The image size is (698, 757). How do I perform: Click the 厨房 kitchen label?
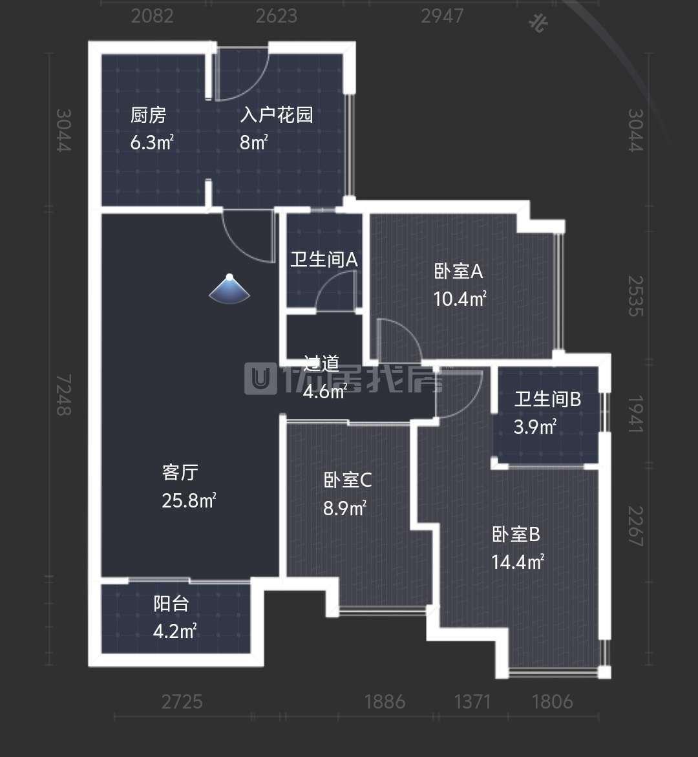pos(148,115)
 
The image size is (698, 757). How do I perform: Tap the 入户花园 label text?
pos(276,115)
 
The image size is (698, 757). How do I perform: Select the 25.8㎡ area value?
pos(188,500)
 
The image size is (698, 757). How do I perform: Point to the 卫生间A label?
pos(323,260)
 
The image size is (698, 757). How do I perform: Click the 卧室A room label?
pos(458,272)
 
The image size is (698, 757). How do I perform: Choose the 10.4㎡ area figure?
pos(460,299)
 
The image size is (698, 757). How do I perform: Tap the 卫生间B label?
pos(547,400)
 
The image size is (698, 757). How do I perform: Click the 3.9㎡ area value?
pos(535,427)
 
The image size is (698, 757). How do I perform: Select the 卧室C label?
pos(347,480)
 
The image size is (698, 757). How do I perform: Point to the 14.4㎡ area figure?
pos(517,562)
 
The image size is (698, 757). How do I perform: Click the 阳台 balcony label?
pos(171,604)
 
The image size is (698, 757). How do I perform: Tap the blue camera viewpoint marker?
pos(230,289)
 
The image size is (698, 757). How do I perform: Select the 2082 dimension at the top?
pos(153,16)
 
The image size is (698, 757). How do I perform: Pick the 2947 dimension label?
pos(442,16)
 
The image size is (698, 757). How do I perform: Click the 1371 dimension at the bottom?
pos(473,701)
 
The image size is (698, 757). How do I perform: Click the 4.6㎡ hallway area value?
pos(324,392)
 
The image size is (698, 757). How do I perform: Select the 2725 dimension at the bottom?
pos(182,701)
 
